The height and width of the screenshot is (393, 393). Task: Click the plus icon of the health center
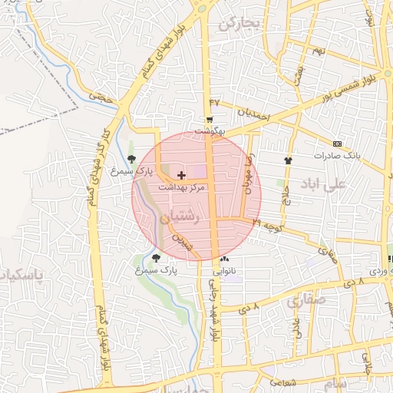tap(181, 176)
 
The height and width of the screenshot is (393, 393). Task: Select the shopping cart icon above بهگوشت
tap(209, 120)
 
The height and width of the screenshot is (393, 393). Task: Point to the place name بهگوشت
tap(210, 131)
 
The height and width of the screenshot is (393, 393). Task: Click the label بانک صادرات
tap(336, 155)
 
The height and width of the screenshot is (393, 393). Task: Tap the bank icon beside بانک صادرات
tap(337, 144)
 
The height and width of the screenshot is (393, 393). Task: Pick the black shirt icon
tap(288, 160)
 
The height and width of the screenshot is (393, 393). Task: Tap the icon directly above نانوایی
tap(224, 260)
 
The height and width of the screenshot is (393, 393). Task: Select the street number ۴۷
tap(214, 102)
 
